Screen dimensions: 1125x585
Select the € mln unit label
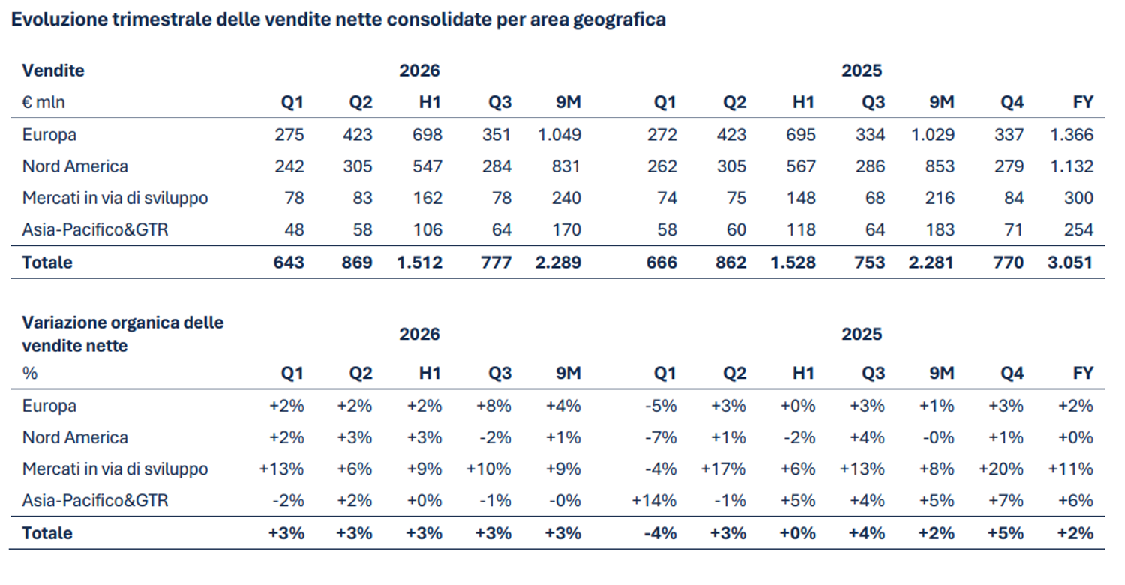43,103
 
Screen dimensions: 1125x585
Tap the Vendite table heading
53,70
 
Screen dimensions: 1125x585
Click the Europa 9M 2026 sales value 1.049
559,134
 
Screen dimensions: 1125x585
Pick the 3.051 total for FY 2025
1070,262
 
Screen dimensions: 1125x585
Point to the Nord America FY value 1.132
1072,166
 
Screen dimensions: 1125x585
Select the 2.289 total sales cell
558,262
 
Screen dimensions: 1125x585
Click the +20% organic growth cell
1001,469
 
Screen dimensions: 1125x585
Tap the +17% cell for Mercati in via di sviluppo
723,469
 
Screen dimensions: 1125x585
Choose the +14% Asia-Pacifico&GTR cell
654,501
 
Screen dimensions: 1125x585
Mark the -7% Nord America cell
661,437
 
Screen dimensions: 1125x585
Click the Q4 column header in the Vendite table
1012,103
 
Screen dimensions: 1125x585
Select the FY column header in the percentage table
1083,373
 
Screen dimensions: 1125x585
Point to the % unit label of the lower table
30,373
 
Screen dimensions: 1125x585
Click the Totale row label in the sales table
47,262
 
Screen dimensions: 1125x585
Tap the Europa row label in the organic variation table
49,406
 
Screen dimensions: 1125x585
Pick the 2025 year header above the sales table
862,70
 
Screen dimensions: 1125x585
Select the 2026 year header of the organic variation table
419,334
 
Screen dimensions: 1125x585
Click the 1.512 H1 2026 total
420,262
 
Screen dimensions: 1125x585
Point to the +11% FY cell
1071,469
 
